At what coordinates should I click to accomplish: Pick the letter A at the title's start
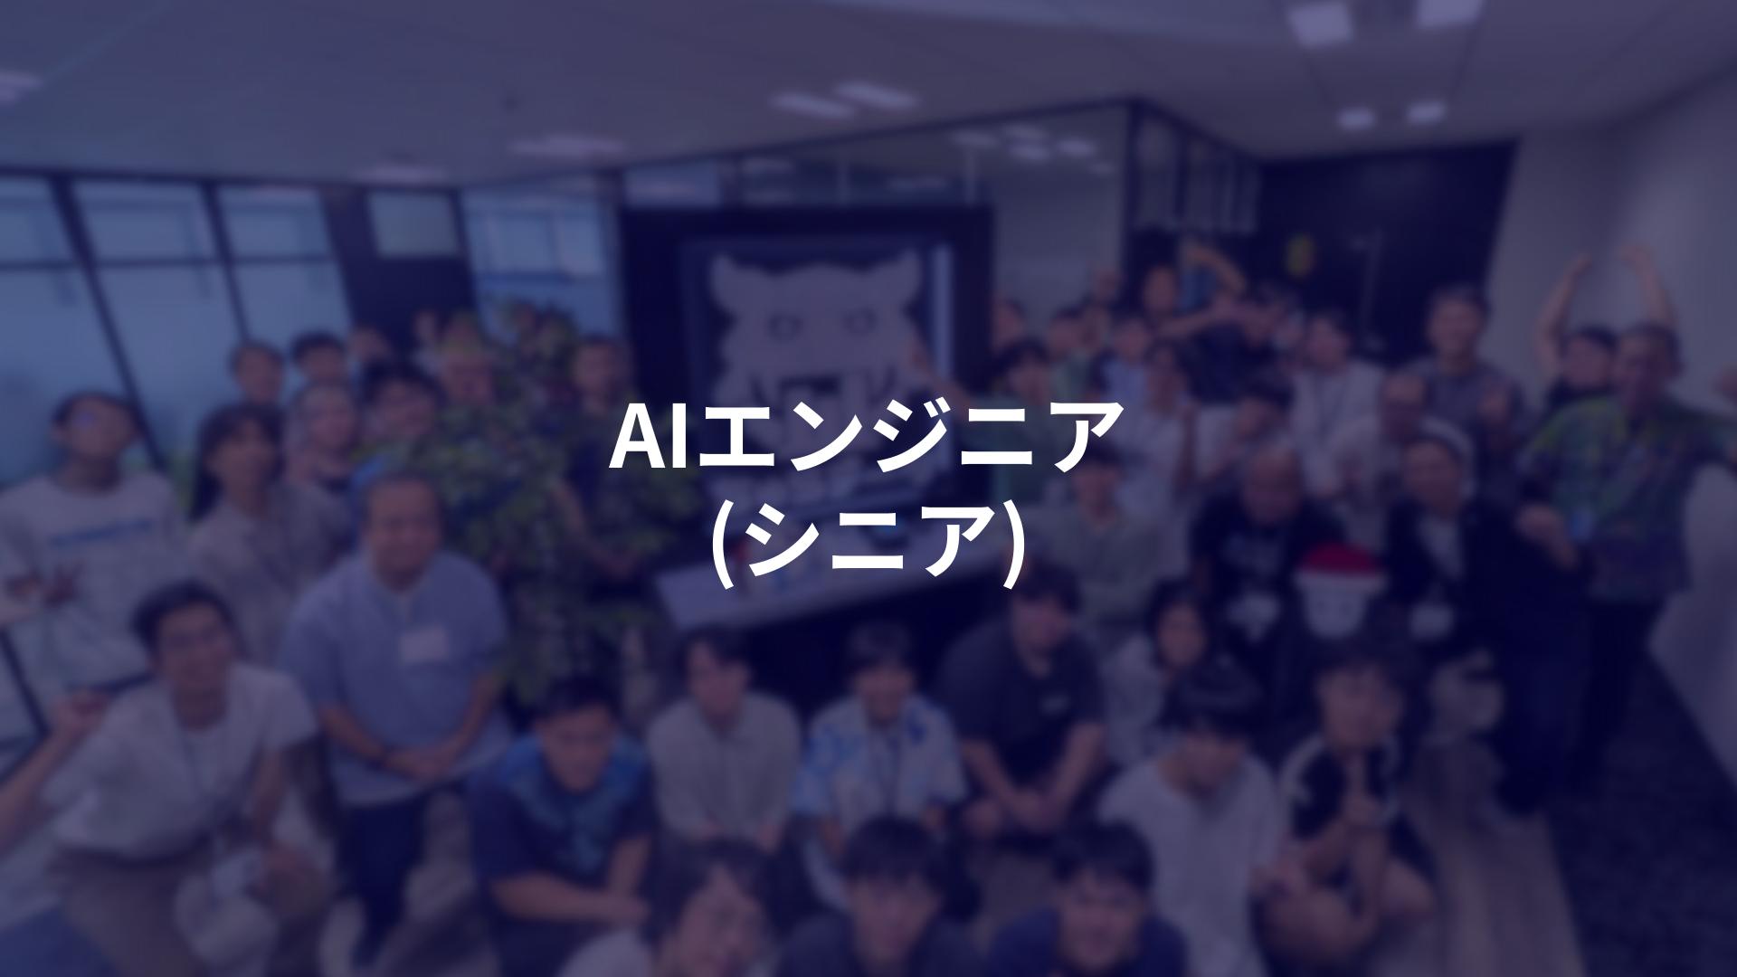(x=636, y=437)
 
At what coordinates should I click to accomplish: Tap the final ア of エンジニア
(x=1082, y=437)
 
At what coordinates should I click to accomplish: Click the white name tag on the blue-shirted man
(x=425, y=643)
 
